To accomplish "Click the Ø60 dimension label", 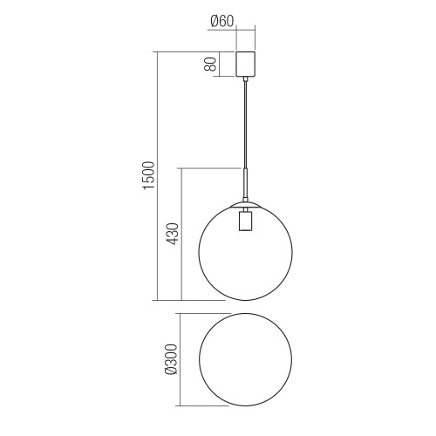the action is pos(221,21).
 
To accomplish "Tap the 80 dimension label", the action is pos(210,65).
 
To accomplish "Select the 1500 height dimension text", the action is pos(148,175).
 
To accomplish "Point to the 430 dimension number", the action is pos(173,234).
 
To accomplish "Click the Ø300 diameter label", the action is pos(171,359).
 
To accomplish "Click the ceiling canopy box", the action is pos(246,65).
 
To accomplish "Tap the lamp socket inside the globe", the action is pos(246,221).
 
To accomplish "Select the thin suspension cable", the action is pos(246,125).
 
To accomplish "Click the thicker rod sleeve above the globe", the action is pos(246,183).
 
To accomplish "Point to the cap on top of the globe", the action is pos(246,205).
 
